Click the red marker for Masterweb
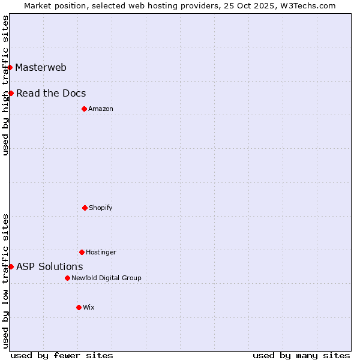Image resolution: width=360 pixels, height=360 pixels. (x=10, y=67)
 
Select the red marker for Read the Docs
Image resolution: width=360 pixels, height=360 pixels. (x=11, y=93)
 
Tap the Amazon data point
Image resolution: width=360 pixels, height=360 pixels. (x=84, y=109)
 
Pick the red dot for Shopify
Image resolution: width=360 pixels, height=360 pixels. (x=85, y=208)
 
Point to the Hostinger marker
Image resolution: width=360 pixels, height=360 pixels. (x=82, y=252)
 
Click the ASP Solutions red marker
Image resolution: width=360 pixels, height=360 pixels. (x=11, y=266)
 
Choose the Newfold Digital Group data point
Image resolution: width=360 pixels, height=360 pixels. (x=67, y=278)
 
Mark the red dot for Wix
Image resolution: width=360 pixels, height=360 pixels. (x=79, y=307)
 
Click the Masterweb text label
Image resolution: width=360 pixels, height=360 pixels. (x=41, y=67)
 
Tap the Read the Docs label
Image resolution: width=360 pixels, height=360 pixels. (x=51, y=93)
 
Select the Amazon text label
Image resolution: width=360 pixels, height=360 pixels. (x=101, y=109)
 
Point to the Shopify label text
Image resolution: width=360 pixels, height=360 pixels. (x=101, y=208)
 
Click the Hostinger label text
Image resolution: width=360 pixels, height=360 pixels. (x=101, y=252)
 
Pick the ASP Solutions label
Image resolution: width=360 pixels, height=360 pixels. (x=50, y=266)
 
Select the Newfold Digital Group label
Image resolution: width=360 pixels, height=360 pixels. (x=106, y=278)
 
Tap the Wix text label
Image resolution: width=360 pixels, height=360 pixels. (x=89, y=307)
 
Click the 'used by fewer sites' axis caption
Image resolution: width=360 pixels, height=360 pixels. (x=62, y=355)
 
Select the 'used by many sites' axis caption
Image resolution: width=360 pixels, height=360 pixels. (x=301, y=355)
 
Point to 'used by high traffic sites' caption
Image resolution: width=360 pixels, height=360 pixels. (x=5, y=85)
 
